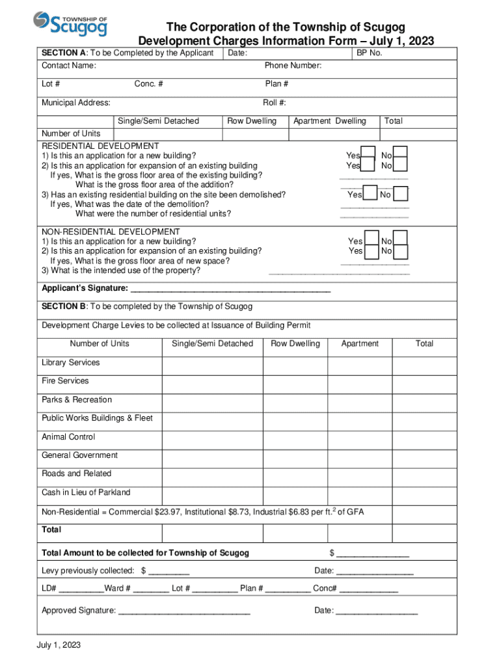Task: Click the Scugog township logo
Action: [x=70, y=24]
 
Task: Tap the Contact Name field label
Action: [x=69, y=66]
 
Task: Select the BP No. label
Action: [x=369, y=53]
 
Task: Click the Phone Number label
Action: [x=293, y=66]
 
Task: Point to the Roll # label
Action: [x=274, y=103]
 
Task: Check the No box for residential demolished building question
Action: [x=401, y=194]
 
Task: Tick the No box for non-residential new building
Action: [x=401, y=239]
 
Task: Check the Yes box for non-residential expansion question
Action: [x=372, y=251]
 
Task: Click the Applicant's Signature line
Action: [x=230, y=289]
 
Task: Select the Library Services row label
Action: [x=71, y=362]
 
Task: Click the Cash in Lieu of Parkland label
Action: [x=86, y=492]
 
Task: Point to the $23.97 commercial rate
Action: [x=168, y=512]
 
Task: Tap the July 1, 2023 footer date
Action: [x=59, y=646]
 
